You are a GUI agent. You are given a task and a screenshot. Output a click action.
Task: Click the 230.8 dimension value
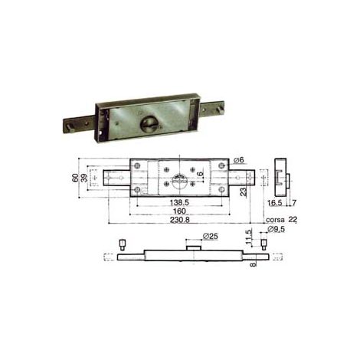tap(180, 220)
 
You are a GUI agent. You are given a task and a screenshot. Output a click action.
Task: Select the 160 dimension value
tap(179, 211)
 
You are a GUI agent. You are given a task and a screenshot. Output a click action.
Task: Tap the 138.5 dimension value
tap(179, 203)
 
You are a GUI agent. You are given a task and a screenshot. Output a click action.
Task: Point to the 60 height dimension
tap(75, 178)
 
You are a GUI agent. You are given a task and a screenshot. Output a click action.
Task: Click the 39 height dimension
tap(84, 178)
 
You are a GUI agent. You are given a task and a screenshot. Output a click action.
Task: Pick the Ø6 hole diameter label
tap(239, 160)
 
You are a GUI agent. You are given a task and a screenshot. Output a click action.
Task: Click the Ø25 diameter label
tap(211, 236)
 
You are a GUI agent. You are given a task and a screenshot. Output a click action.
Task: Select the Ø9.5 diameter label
tap(276, 229)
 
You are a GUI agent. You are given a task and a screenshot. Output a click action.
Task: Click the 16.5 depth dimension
tap(275, 203)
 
